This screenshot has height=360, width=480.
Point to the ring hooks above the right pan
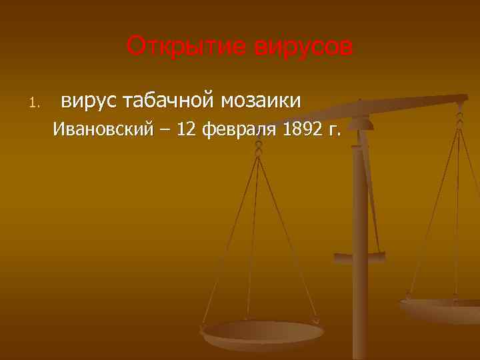(x=460, y=120)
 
